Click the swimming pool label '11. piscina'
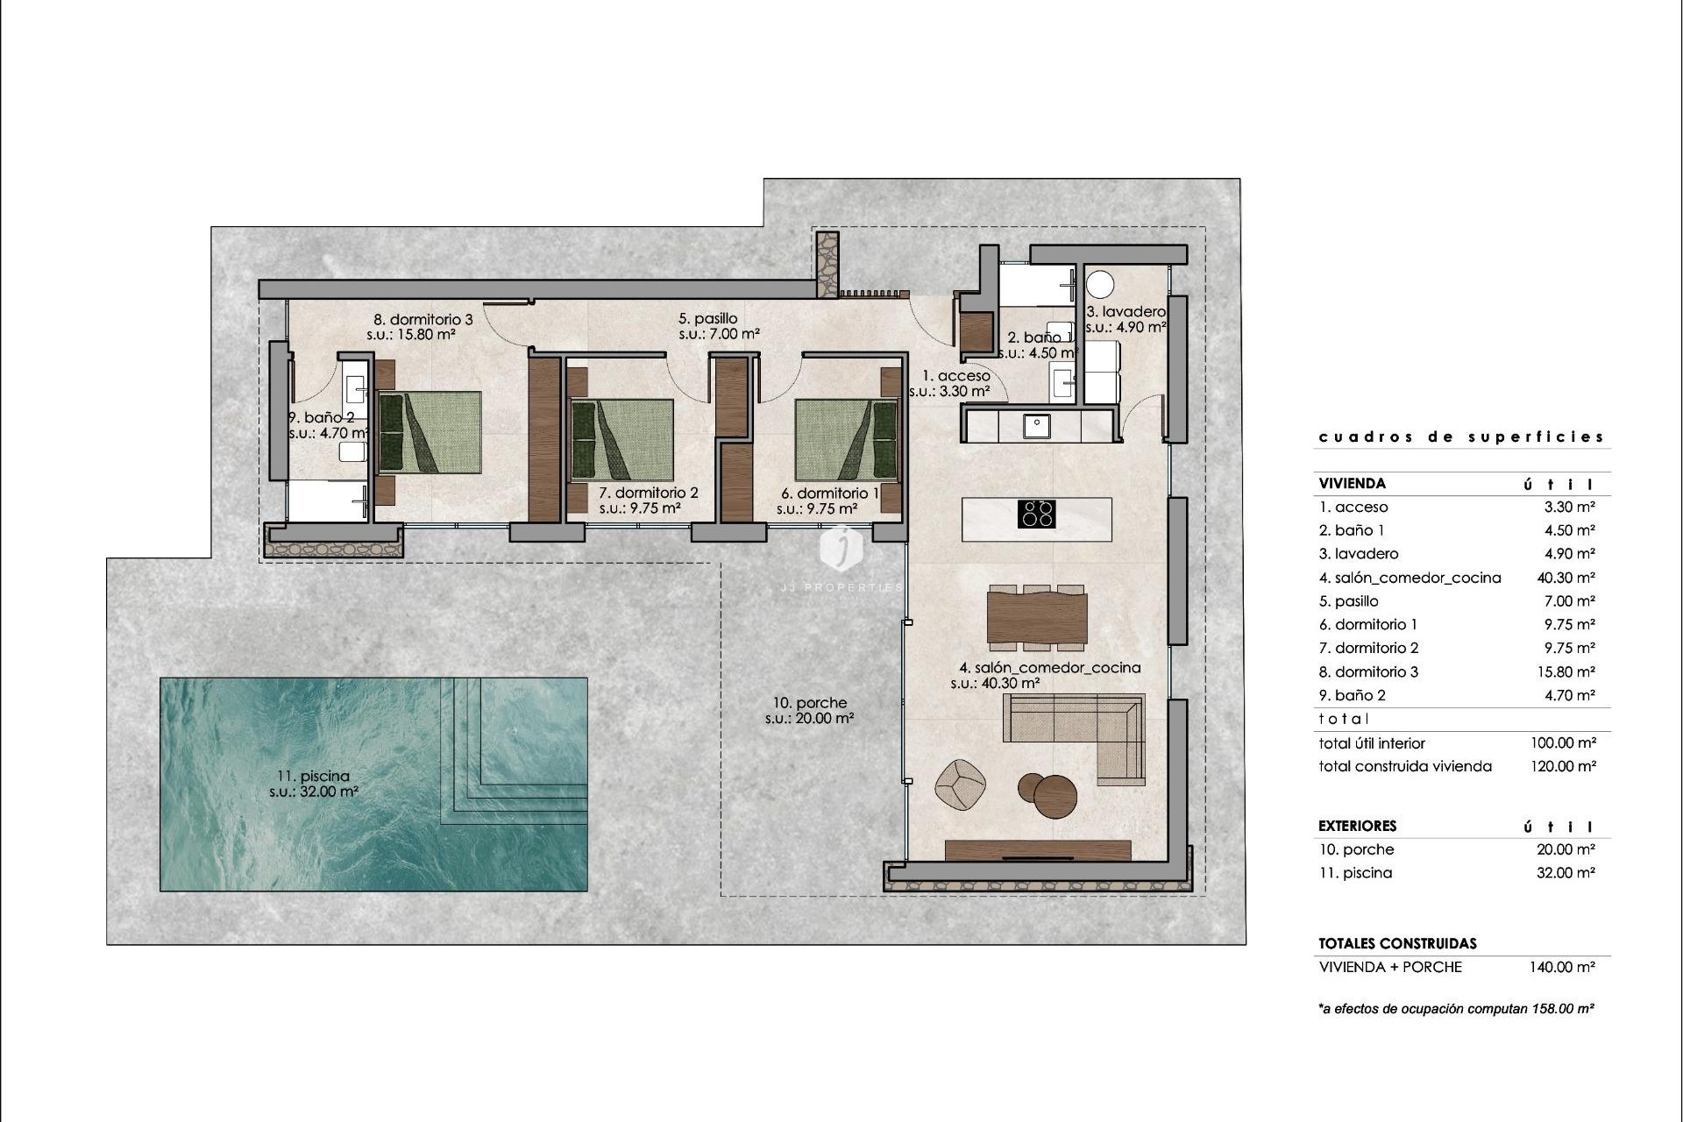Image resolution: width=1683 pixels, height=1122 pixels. click(313, 776)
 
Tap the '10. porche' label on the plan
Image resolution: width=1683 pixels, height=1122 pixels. click(810, 703)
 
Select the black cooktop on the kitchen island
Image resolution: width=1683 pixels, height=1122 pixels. click(1036, 514)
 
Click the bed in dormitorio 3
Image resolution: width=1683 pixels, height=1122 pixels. click(430, 432)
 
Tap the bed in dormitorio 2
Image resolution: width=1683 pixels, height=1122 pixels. click(622, 441)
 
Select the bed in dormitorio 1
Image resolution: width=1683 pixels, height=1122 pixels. click(847, 441)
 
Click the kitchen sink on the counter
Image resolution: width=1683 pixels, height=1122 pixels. click(1038, 425)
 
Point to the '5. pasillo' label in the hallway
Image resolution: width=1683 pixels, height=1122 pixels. click(708, 319)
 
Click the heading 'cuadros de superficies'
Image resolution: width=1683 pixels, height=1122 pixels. click(1461, 437)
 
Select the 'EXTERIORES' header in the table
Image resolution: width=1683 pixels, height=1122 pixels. click(1358, 826)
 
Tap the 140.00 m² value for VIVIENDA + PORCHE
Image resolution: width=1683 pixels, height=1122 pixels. click(1562, 967)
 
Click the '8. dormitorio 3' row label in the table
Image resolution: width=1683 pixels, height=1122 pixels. click(1368, 671)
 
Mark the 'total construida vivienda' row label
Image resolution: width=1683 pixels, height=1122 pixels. click(1405, 766)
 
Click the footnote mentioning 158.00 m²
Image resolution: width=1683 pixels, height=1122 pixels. click(1456, 1009)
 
